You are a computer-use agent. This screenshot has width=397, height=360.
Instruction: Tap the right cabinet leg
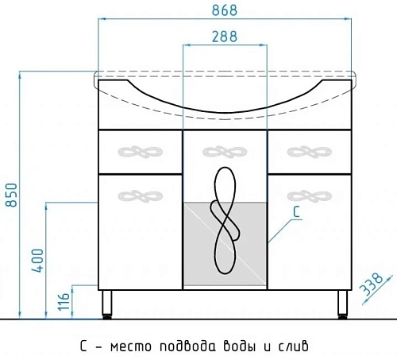[342, 303]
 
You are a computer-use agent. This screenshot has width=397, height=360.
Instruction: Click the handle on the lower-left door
[139, 193]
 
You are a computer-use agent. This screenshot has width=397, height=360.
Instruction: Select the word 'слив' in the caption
[290, 346]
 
